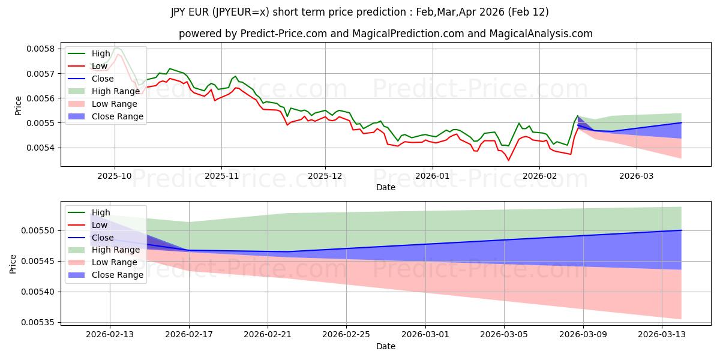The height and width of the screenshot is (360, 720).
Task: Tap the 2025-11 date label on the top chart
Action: click(x=221, y=177)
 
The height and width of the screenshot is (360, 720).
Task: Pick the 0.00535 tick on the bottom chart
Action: click(x=38, y=323)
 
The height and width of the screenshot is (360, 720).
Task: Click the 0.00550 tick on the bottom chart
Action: click(x=38, y=231)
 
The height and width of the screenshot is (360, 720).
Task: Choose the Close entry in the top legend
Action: click(x=103, y=79)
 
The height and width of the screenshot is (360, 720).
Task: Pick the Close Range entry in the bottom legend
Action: click(x=118, y=275)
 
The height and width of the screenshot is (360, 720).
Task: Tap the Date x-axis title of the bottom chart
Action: click(x=386, y=346)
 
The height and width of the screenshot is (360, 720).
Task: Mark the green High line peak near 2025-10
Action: click(x=116, y=47)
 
